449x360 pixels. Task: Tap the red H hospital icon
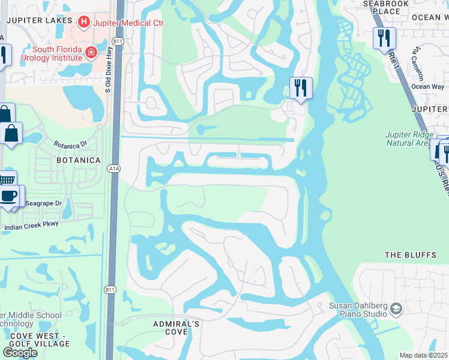84,23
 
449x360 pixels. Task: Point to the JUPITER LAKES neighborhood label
36,20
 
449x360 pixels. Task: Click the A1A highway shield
115,169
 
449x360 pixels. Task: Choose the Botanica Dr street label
70,145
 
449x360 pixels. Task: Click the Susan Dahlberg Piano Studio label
358,310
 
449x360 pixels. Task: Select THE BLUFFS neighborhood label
411,255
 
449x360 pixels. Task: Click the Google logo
20,353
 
